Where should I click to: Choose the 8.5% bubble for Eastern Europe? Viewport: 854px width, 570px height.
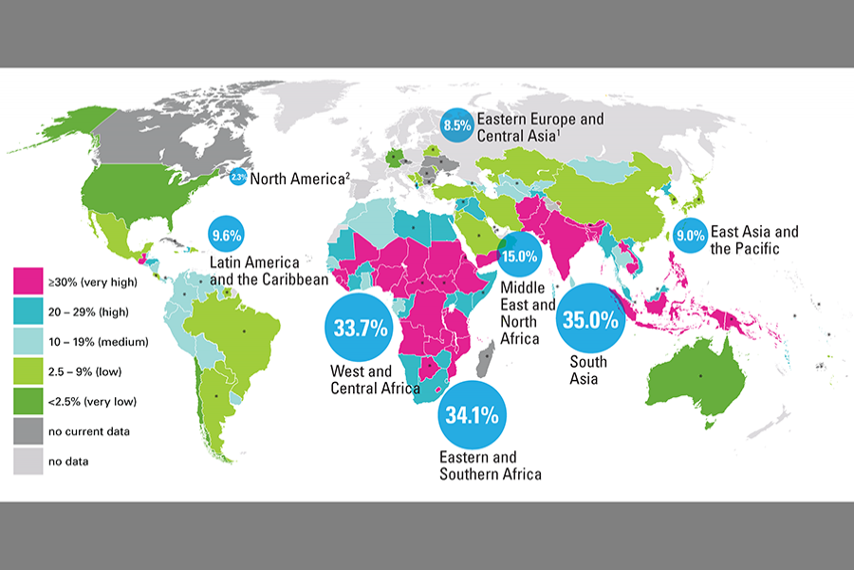456,124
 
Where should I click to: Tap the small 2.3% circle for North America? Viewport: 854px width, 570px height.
238,177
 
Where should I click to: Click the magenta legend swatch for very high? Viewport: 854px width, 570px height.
28,281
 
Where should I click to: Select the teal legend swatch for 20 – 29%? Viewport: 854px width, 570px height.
28,311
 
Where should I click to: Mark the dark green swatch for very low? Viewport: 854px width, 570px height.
28,400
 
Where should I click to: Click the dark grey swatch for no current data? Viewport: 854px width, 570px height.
28,430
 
